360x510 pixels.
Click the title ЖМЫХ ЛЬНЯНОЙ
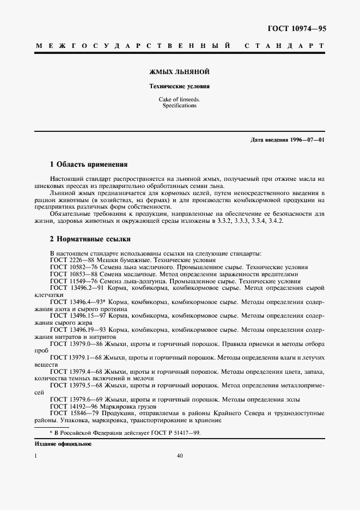click(x=180, y=71)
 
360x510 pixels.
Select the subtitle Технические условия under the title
click(x=180, y=86)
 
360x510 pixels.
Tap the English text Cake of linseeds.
click(x=180, y=99)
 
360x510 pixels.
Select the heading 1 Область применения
click(x=88, y=163)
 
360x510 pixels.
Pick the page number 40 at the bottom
click(x=180, y=456)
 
